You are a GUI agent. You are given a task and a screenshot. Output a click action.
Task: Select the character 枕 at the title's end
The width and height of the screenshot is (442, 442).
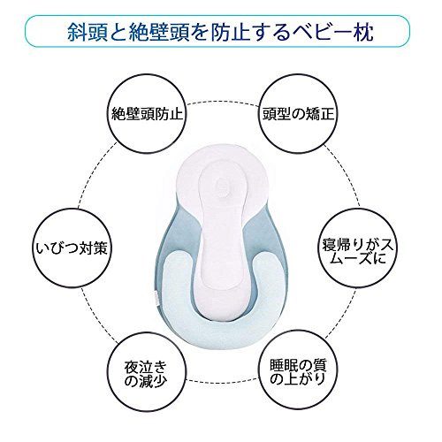pyautogui.click(x=364, y=32)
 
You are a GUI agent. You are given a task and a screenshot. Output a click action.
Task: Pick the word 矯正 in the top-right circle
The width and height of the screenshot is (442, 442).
pyautogui.click(x=320, y=113)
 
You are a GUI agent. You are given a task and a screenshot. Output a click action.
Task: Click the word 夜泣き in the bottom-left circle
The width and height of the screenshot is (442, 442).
pyautogui.click(x=146, y=367)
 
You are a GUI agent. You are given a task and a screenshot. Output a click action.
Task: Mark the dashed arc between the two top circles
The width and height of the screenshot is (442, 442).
pyautogui.click(x=223, y=102)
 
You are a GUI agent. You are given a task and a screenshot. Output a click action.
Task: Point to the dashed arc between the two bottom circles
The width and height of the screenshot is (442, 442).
pyautogui.click(x=223, y=381)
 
